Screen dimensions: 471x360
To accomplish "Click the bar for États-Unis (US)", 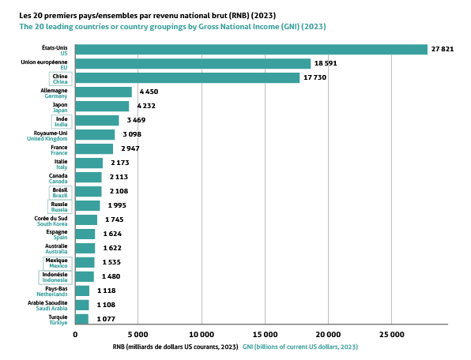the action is [x=251, y=50].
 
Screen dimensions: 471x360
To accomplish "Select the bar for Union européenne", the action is [x=193, y=64].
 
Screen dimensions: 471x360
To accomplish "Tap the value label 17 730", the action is [x=315, y=77].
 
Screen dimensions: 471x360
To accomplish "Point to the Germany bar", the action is [x=104, y=92].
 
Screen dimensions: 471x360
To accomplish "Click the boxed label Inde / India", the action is [x=61, y=122].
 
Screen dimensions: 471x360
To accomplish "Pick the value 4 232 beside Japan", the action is [x=146, y=106].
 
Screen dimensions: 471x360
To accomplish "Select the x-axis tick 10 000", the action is [x=202, y=335].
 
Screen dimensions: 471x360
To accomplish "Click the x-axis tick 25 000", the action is [x=392, y=335].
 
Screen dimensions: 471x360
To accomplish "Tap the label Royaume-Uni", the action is [x=51, y=133].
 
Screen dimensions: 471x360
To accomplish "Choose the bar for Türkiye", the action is [x=81, y=319].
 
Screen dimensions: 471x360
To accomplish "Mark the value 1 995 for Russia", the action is [x=117, y=205].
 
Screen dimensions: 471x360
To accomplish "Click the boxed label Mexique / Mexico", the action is [x=58, y=263].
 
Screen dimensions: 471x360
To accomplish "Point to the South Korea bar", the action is [x=86, y=220].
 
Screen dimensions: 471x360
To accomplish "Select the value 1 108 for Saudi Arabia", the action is [x=106, y=305].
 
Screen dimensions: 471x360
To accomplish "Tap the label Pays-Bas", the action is [x=56, y=289].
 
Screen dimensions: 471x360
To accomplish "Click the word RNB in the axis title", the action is [x=119, y=347].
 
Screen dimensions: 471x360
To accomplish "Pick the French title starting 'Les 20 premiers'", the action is [x=148, y=15].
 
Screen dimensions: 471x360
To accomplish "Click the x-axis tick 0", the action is [x=75, y=335].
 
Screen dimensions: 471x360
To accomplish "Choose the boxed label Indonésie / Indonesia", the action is [x=55, y=277].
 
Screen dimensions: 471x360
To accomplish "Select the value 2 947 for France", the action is [x=130, y=148].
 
